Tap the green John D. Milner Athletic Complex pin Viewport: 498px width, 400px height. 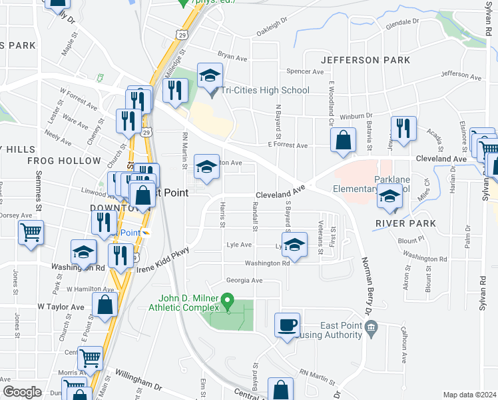point(228,301)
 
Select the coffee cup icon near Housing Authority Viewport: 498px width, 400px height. point(288,326)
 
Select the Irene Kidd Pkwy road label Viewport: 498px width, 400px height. point(164,259)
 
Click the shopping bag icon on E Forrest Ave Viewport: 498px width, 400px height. point(344,141)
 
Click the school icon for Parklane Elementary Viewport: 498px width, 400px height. point(389,197)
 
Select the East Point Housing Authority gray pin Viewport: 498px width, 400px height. point(372,327)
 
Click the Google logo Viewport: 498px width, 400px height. point(22,392)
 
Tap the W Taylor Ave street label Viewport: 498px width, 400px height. point(61,307)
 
